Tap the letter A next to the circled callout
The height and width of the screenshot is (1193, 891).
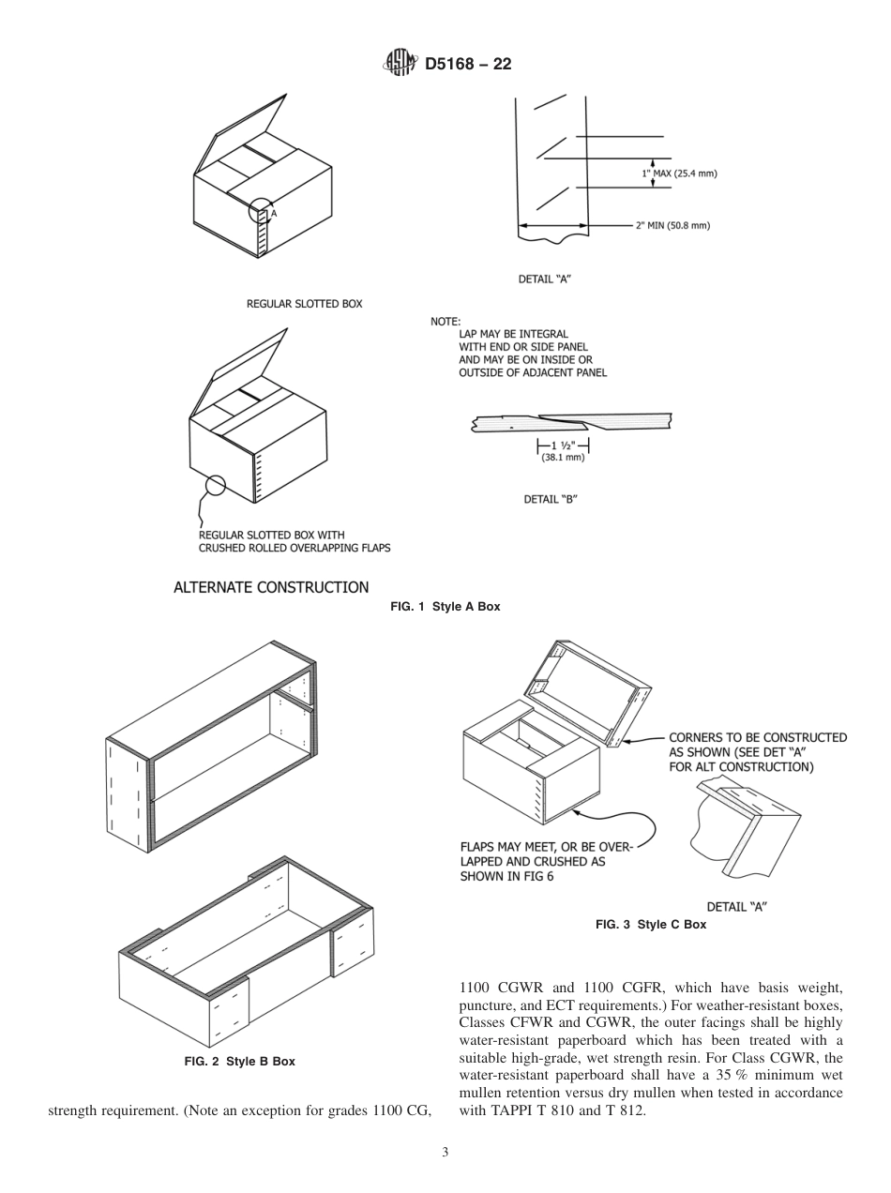click(275, 214)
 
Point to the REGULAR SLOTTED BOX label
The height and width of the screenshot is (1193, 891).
click(304, 304)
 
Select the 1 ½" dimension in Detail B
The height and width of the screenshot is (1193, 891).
click(563, 445)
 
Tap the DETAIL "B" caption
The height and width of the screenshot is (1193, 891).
click(550, 499)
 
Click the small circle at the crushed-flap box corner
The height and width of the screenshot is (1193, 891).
click(216, 485)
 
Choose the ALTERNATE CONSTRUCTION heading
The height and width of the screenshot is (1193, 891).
click(271, 587)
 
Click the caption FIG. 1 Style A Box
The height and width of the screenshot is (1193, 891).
click(445, 607)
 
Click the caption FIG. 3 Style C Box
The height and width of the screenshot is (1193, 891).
click(651, 925)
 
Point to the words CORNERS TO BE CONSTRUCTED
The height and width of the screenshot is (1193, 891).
click(757, 737)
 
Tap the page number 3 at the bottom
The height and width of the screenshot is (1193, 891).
click(445, 1152)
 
